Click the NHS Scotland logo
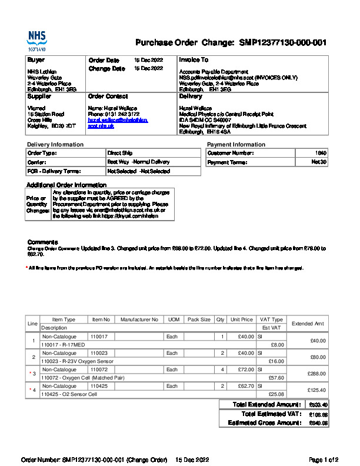(x=36, y=42)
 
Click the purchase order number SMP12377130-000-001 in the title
(x=282, y=43)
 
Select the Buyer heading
(x=36, y=60)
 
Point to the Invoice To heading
(x=194, y=60)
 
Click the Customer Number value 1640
(x=321, y=153)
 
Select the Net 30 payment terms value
(x=319, y=162)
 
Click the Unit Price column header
(x=242, y=319)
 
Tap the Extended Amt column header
(x=308, y=324)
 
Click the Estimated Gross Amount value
(x=318, y=423)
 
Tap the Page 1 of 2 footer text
(x=323, y=460)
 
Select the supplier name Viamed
(x=36, y=108)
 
